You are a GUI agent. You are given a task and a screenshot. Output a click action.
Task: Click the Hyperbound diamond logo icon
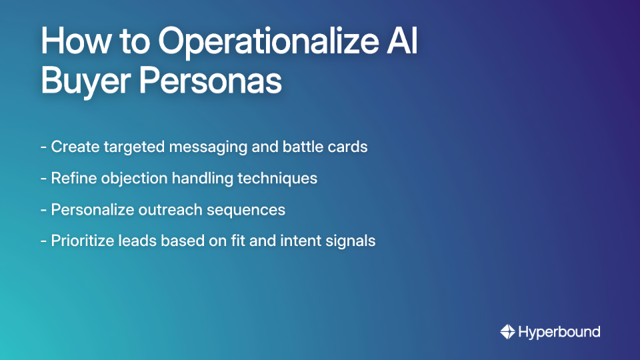tap(507, 331)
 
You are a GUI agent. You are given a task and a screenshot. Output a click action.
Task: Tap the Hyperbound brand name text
tap(559, 331)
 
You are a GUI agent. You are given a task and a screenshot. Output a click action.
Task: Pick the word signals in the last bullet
tap(353, 241)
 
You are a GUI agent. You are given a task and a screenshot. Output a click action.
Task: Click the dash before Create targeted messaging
tap(43, 147)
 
